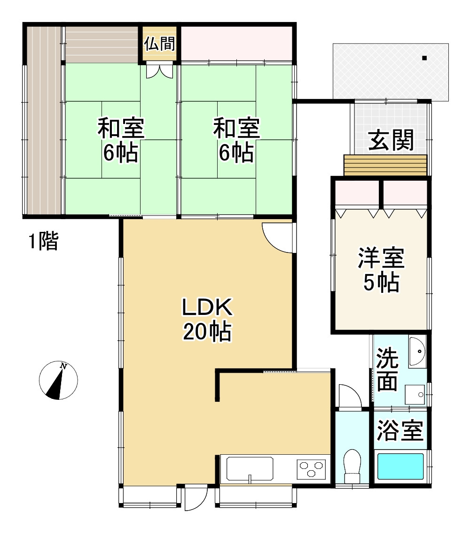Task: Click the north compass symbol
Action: [x=58, y=381]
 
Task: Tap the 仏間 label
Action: [x=159, y=44]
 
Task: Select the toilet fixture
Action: [x=352, y=465]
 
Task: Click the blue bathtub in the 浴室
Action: [x=400, y=466]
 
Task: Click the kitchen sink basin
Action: [x=250, y=468]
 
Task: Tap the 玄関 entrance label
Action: [x=391, y=140]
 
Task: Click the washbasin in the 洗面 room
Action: [x=417, y=352]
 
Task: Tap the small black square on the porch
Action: [x=424, y=58]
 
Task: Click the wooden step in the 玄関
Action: [x=385, y=165]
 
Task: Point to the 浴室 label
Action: [x=400, y=430]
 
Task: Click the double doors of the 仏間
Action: [x=159, y=71]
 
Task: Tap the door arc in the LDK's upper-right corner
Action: [x=279, y=237]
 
